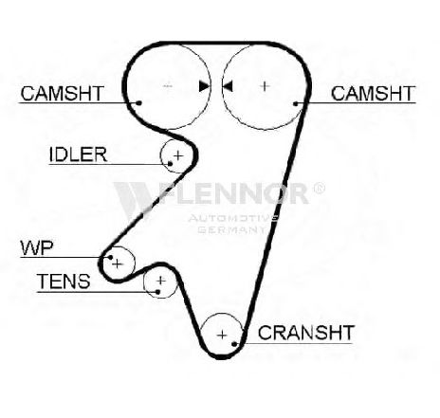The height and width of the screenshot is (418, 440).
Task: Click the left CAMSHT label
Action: point(63,93)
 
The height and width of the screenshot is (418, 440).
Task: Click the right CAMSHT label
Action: point(373,93)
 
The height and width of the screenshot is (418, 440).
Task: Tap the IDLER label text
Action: point(78,154)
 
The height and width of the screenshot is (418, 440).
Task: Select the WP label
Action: point(37,248)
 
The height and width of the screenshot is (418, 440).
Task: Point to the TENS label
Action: point(64,281)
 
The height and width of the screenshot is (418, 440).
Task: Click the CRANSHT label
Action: point(305,333)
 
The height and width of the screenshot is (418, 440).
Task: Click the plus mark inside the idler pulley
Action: point(178,155)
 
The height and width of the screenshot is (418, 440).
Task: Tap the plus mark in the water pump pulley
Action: point(118,264)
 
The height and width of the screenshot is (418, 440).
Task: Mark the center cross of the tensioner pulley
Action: point(161,281)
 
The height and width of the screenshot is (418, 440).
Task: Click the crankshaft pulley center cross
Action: point(223,335)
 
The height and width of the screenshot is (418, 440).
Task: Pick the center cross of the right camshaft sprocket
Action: point(265,86)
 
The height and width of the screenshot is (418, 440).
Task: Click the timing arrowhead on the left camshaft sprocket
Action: point(204,86)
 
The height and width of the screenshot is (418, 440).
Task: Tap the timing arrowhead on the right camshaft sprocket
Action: point(228,86)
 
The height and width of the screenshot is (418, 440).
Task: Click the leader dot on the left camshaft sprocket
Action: point(138,103)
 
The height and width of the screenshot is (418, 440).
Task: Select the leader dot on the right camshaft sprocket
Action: point(296,103)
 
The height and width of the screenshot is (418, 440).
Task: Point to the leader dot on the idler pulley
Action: point(170,164)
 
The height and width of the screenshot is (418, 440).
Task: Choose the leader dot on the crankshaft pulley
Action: point(234,344)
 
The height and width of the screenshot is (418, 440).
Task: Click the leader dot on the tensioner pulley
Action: point(157,292)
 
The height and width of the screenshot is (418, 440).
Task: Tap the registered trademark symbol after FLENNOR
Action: point(319,189)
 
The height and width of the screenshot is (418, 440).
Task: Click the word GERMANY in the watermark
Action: point(231,229)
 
